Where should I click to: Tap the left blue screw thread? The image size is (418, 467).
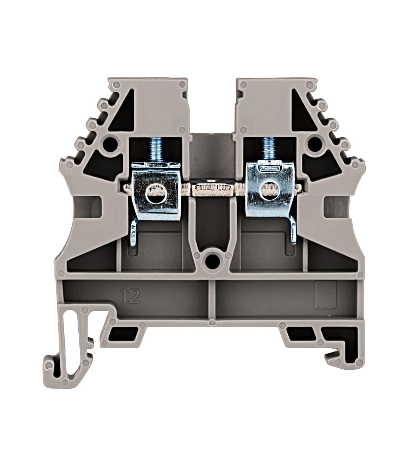coord(152,150)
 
